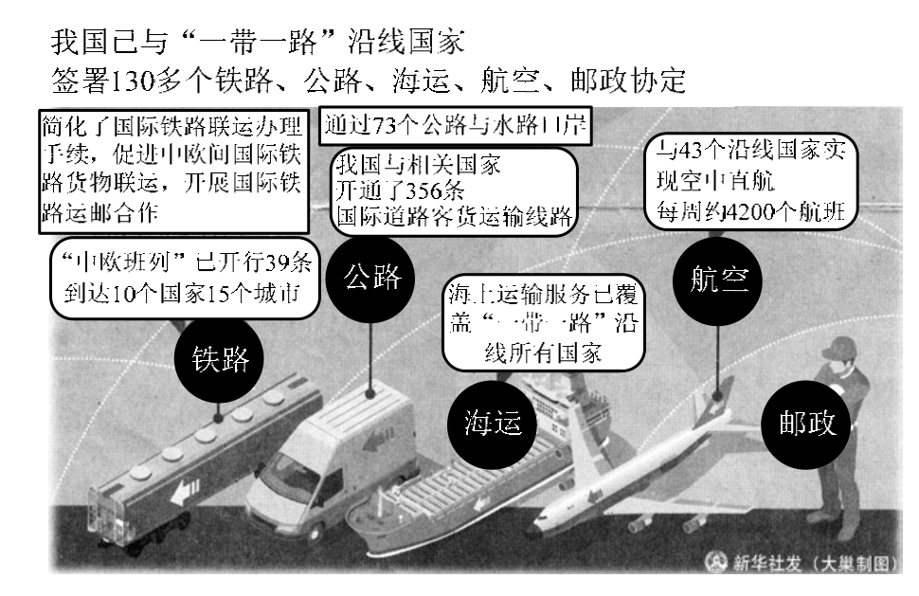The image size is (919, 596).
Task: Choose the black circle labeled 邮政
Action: [807, 424]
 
